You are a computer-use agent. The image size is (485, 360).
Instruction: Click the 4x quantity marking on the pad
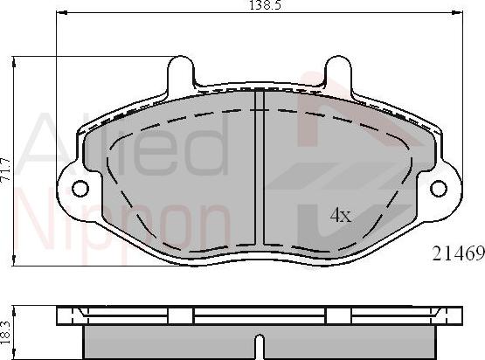tap(339, 215)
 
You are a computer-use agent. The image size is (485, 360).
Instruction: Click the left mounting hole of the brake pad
tap(80, 189)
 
